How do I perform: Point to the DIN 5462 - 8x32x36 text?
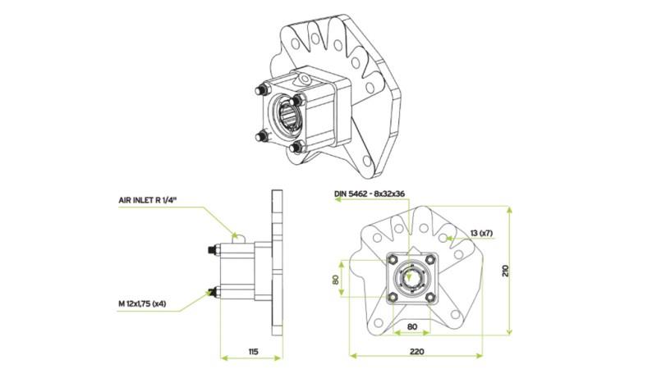370,194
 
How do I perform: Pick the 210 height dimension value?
506,270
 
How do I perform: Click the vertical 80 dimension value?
336,279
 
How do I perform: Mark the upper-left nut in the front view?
393,261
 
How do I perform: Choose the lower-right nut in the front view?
430,296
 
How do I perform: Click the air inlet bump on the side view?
237,237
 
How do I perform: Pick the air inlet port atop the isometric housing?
305,77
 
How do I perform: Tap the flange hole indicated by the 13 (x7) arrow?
444,237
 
